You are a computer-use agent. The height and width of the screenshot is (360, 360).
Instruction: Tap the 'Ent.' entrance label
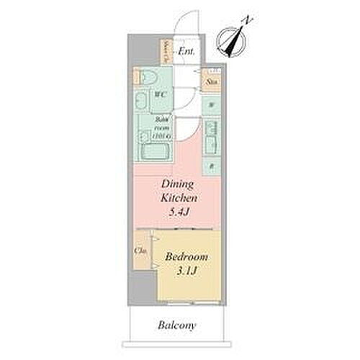coord(186,51)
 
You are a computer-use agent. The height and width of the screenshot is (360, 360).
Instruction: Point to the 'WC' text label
coord(161,94)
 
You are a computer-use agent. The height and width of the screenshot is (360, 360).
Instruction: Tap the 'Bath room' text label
coord(161,127)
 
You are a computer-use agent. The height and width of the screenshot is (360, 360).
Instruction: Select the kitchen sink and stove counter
coord(210,137)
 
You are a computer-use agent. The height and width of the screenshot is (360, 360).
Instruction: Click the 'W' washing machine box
coord(211,105)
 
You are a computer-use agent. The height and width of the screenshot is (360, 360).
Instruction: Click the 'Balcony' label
coord(176,325)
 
